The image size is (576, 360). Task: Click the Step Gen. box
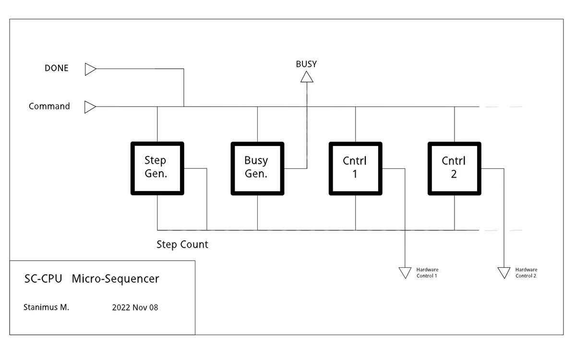point(157,168)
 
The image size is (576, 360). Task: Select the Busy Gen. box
point(257,168)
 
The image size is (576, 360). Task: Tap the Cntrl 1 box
point(355,168)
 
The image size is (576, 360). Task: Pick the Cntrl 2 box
point(454,168)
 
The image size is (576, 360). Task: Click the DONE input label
point(57,68)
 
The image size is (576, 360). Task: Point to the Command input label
point(49,106)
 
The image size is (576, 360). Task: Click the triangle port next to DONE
point(90,69)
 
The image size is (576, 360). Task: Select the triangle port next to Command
point(90,107)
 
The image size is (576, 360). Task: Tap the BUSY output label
point(306,64)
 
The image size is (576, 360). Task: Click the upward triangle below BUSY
point(307,77)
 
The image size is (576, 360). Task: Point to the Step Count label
point(182,244)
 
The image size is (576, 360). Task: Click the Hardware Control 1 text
point(427,273)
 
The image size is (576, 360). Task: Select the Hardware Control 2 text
point(526,273)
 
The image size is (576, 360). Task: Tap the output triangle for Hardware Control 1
point(405,273)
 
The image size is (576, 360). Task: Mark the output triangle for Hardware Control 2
point(504,273)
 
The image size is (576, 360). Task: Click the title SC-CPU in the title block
point(43,279)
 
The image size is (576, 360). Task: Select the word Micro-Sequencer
point(115,279)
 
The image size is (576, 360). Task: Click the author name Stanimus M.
point(46,307)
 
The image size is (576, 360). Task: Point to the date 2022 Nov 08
point(135,307)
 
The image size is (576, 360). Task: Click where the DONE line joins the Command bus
point(184,107)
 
